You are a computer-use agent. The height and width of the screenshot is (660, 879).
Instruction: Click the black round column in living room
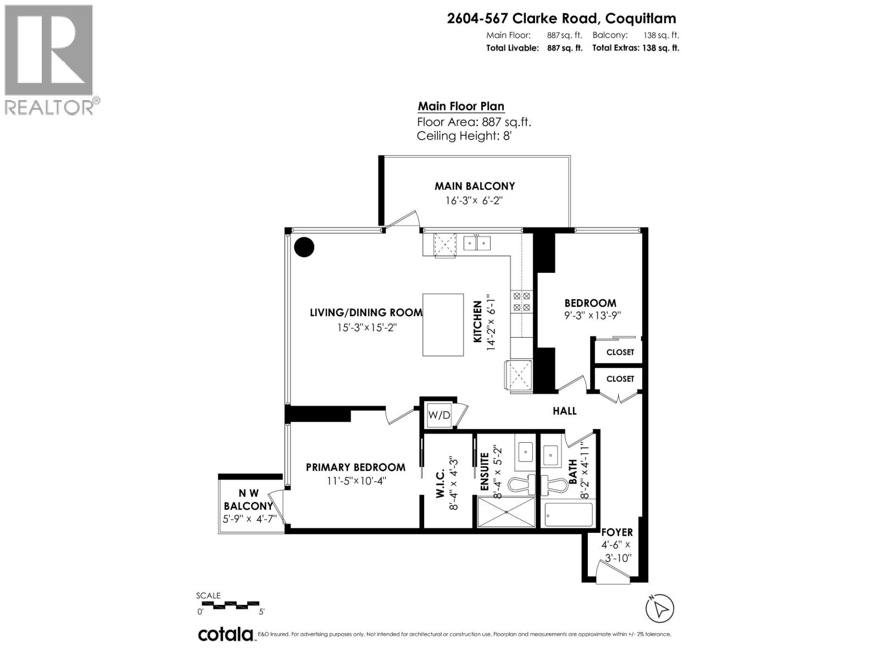click(304, 247)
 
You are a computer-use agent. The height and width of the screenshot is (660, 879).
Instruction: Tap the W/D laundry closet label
click(439, 416)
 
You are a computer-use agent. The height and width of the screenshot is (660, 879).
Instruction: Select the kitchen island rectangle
click(443, 324)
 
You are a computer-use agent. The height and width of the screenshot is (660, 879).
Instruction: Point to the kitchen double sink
click(476, 243)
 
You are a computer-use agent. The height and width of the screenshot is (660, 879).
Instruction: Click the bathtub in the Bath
click(569, 515)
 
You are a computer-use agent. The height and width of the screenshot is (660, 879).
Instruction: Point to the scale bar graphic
click(228, 603)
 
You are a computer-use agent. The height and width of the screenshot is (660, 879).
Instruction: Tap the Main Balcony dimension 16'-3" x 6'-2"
click(474, 201)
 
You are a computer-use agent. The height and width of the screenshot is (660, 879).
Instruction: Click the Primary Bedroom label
click(355, 467)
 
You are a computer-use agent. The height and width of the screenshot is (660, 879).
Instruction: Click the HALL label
click(564, 411)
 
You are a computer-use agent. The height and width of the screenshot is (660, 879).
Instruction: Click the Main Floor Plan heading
click(461, 106)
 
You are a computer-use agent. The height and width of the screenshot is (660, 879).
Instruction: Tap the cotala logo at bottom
click(225, 634)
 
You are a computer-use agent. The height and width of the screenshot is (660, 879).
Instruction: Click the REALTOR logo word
click(49, 106)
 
